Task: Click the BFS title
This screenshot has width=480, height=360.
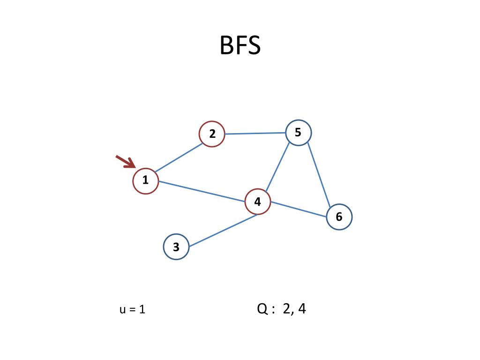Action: (240, 46)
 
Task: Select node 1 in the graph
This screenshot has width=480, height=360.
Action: (145, 180)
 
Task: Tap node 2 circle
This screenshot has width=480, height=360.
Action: (212, 134)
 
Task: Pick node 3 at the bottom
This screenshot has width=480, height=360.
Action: (176, 247)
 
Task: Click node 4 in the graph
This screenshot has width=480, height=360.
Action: (258, 202)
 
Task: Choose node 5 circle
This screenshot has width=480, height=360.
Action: (298, 133)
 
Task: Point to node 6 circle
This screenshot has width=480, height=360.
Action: (339, 217)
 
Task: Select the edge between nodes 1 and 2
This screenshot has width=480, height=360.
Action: (179, 157)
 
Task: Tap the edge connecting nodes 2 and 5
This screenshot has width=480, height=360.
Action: (255, 134)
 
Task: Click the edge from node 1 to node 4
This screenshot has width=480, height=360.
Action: (202, 191)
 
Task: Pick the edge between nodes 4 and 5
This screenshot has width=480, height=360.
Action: (277, 167)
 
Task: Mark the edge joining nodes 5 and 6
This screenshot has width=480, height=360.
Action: (319, 174)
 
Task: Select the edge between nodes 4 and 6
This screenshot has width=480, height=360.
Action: (299, 210)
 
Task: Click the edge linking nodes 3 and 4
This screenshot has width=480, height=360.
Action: (224, 230)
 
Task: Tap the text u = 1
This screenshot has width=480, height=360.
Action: (132, 309)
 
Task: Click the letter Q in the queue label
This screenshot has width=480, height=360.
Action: (262, 309)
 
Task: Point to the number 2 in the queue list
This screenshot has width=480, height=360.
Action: (286, 309)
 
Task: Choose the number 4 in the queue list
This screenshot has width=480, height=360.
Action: (302, 309)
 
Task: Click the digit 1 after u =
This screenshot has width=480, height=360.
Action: (142, 309)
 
